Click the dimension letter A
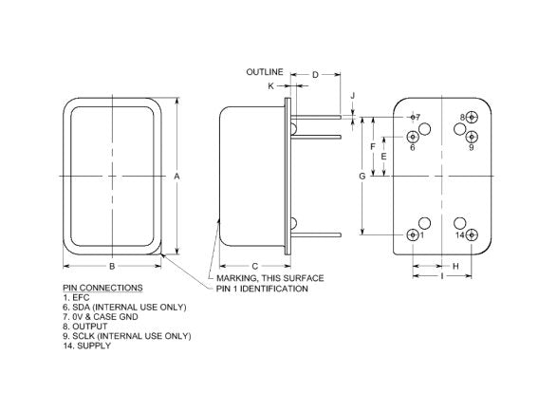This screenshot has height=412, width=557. tap(176, 176)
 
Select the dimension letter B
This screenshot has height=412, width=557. tap(112, 266)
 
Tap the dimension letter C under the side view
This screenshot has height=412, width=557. tap(254, 266)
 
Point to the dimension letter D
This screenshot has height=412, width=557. tap(315, 75)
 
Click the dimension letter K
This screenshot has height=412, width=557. tap(270, 86)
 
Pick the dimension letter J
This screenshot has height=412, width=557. tap(353, 96)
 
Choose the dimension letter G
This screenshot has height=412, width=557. tap(362, 176)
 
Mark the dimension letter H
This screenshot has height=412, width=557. tap(455, 266)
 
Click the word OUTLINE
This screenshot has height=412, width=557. tap(265, 72)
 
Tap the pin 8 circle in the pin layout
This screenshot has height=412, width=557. tap(472, 117)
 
